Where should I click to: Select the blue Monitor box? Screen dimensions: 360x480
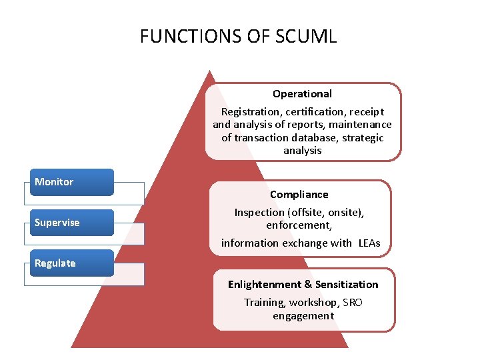(x=71, y=182)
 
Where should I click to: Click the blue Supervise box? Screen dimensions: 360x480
(x=71, y=223)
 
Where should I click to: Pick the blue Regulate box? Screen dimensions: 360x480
(x=71, y=263)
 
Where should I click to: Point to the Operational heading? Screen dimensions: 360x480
(x=302, y=94)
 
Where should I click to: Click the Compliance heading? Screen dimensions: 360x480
(x=299, y=195)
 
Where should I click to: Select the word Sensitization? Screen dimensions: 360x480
(x=347, y=285)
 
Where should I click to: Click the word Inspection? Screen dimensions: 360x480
(x=259, y=213)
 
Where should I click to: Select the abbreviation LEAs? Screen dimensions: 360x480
(x=369, y=243)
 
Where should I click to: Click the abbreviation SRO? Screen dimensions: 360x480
(x=353, y=303)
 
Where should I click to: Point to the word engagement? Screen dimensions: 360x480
(x=303, y=316)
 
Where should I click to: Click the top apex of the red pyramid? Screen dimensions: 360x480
(x=210, y=71)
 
